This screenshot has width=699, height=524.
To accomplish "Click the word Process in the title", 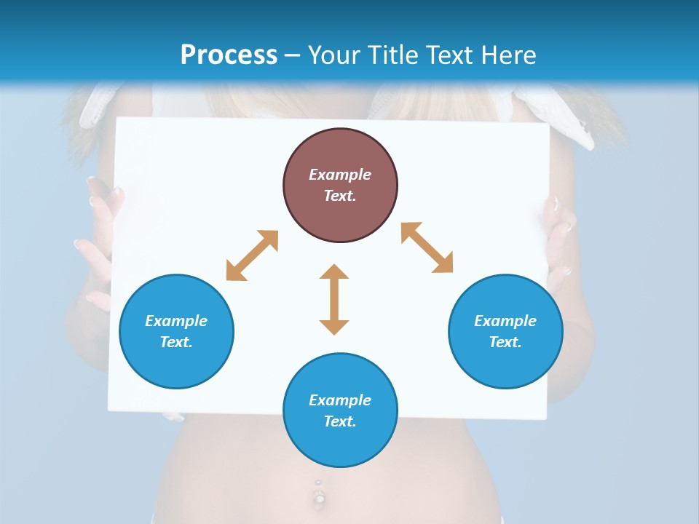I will tap(229, 55).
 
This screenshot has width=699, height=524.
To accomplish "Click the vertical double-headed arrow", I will tap(334, 299).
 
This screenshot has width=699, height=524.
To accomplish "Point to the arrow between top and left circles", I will tap(252, 255).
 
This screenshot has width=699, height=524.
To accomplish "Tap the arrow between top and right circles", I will tap(427, 247).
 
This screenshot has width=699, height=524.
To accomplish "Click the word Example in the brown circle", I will tap(340, 175).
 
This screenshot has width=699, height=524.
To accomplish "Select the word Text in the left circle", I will tap(176, 342).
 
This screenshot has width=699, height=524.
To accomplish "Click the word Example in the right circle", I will tap(505, 321).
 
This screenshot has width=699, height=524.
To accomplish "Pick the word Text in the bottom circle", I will tap(340, 421).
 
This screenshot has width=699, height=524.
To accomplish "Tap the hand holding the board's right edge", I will tap(559, 240).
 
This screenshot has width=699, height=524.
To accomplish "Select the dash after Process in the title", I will tap(293, 55).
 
